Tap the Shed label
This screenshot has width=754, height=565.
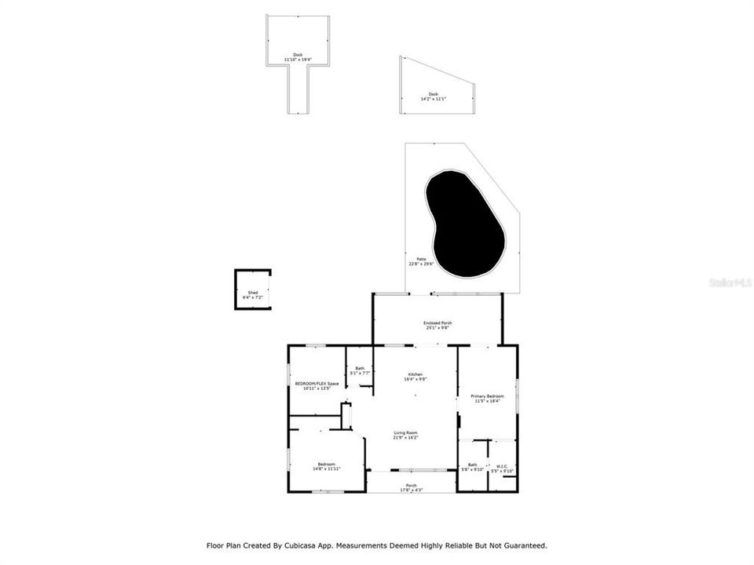click(252, 291)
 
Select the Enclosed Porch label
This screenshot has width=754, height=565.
click(437, 323)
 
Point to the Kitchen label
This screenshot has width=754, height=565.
click(415, 374)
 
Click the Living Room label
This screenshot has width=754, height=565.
click(405, 433)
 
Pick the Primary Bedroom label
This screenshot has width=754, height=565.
click(487, 396)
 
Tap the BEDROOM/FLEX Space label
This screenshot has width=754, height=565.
click(317, 384)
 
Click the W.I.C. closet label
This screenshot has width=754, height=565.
click(502, 466)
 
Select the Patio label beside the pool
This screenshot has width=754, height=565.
click(421, 259)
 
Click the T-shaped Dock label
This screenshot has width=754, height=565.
click(298, 54)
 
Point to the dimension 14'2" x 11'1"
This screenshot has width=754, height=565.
click(434, 99)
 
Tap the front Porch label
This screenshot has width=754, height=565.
click(411, 486)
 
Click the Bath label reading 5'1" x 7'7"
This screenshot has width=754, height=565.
click(360, 369)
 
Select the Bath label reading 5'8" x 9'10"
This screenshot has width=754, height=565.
click(473, 465)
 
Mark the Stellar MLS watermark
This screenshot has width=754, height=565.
click(730, 281)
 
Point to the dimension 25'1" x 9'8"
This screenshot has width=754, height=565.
click(437, 327)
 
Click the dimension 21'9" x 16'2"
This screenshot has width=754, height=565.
click(405, 437)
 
